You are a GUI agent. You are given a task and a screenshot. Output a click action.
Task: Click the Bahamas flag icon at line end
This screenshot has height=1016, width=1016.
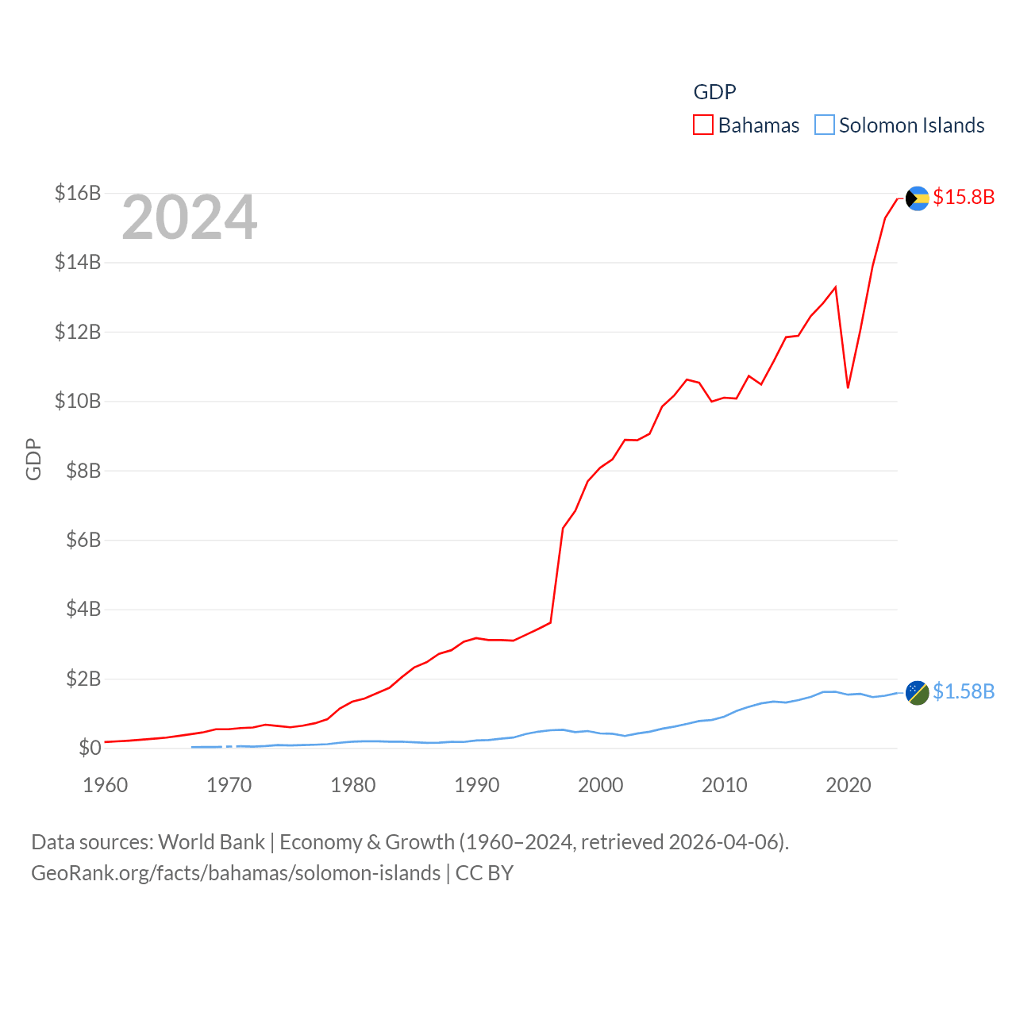918,198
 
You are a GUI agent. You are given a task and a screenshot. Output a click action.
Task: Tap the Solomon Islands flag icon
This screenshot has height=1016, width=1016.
918,693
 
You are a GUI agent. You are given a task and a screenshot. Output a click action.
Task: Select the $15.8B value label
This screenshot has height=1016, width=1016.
964,197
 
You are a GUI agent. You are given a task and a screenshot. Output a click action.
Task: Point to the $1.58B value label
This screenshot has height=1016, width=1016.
964,692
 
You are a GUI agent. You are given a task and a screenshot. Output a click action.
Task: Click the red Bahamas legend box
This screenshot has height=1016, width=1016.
703,125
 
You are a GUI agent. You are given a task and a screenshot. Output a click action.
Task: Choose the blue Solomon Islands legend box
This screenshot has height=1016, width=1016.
825,125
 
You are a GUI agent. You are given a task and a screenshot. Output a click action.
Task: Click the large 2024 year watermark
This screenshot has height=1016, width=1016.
190,217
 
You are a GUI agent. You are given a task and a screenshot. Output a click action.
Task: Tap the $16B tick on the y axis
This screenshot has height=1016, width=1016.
78,193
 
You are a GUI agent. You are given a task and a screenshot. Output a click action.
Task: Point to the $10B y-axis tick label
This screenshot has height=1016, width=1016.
78,401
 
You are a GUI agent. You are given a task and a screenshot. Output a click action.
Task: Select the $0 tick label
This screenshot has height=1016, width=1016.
90,748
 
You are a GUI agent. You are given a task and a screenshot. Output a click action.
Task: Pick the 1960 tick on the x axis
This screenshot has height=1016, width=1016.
106,785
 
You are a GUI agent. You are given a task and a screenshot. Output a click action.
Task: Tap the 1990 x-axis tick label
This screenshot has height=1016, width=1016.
477,785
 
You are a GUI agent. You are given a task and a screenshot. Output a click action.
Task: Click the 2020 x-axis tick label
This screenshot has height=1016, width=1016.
849,785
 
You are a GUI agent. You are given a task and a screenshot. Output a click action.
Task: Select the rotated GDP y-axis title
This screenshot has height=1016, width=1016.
33,459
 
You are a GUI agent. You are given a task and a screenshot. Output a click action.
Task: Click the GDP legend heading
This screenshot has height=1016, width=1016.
715,92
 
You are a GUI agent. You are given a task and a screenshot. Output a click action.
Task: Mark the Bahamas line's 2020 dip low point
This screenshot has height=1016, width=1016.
849,387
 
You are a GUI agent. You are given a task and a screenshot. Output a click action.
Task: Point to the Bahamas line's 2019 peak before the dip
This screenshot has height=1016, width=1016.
836,287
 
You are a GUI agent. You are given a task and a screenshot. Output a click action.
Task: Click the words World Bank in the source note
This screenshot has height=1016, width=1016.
211,841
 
